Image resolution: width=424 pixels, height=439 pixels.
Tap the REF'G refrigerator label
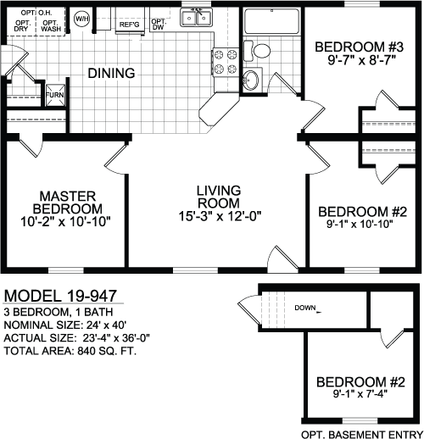130,25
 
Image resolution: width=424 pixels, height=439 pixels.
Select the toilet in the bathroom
257,51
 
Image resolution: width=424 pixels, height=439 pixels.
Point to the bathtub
271,21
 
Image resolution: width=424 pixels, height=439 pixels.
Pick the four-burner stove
226,62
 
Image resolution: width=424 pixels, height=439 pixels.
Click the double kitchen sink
197,18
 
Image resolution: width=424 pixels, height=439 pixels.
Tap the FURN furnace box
55,95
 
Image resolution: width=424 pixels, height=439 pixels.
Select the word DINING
111,73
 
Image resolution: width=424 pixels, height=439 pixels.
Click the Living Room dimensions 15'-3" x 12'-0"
220,216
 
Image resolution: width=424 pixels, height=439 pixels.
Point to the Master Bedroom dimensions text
65,222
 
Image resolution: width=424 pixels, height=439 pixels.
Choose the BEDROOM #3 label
359,47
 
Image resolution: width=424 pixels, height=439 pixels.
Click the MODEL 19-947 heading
60,296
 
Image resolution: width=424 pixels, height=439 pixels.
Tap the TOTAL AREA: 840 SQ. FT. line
70,351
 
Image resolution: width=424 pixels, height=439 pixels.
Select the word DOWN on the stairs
305,308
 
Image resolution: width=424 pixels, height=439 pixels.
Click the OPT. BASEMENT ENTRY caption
362,434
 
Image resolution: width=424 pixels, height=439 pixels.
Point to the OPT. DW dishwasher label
159,25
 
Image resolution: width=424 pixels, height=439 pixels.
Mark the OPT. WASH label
51,25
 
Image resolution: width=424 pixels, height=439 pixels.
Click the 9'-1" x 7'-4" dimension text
360,393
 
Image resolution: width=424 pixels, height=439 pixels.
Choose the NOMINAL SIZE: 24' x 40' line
65,325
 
